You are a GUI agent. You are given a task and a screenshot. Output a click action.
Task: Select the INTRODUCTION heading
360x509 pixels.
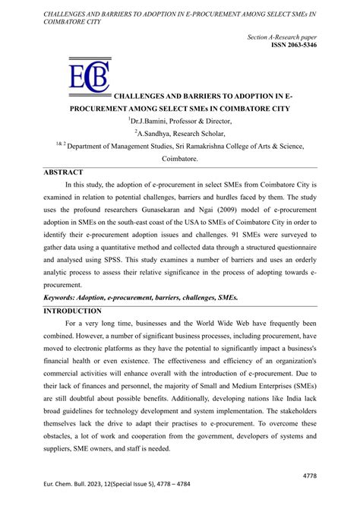(72, 311)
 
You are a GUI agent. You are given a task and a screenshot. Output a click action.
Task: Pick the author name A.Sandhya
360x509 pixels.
(153, 132)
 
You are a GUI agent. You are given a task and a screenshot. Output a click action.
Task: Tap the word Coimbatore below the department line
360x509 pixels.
(179, 160)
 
